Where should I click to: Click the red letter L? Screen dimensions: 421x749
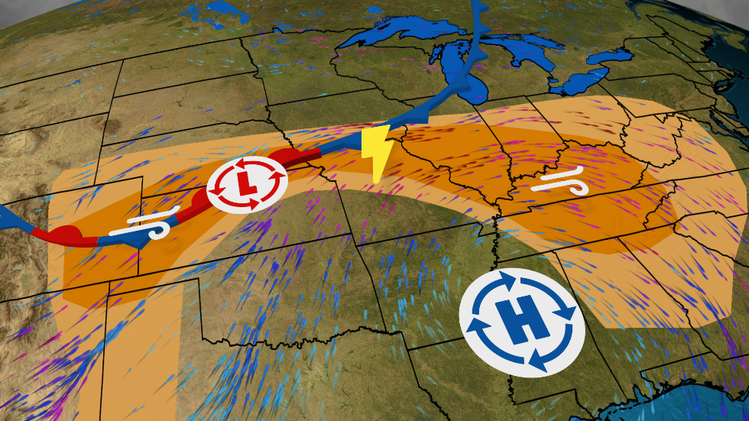tap(246, 183)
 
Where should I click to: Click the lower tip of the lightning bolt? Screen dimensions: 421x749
tap(375, 180)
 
